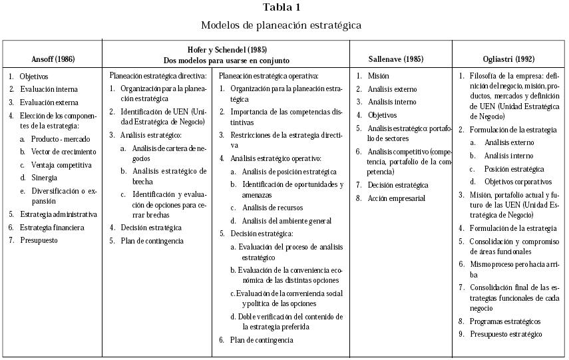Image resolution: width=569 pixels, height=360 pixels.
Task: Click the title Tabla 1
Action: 282,8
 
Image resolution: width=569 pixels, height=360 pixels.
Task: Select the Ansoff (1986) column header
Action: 53,59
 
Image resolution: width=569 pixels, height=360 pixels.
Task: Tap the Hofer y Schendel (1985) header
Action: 226,50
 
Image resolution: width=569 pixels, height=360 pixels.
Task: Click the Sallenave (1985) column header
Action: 396,59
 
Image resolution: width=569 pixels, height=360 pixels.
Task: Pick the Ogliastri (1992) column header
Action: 509,59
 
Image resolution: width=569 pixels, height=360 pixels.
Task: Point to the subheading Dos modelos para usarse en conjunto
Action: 226,60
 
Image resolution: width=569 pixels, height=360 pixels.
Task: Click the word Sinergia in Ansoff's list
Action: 44,178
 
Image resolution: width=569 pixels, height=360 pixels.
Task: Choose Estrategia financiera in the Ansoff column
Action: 52,228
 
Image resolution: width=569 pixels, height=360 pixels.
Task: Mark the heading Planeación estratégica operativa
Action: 269,75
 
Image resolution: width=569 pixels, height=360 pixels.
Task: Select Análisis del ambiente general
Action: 287,220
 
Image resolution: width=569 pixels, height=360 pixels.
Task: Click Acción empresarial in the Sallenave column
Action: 397,198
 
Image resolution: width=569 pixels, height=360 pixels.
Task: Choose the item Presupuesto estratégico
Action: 506,334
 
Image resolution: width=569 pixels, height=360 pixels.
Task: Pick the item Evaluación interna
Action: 49,89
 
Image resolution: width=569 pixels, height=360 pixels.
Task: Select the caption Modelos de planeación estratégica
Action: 282,26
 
